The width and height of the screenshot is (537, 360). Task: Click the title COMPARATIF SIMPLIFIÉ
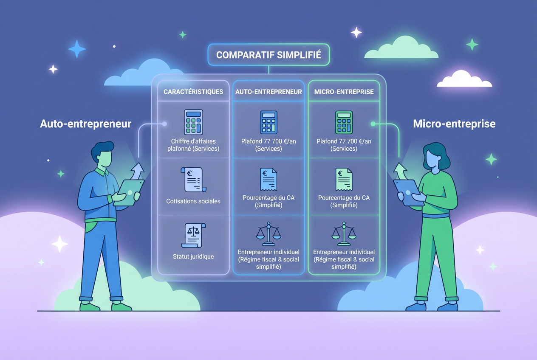coord(268,55)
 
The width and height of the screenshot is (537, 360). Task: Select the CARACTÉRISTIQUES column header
coord(193,92)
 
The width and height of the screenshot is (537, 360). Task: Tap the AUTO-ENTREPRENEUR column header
coord(268,92)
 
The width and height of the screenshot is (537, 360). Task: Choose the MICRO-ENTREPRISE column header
coord(344,92)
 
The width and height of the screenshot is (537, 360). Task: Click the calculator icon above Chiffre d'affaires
coord(193,122)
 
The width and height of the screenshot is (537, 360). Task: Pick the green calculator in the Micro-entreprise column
coord(344,122)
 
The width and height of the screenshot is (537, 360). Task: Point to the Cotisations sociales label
coord(193,201)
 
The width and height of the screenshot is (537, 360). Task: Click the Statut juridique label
coord(193,256)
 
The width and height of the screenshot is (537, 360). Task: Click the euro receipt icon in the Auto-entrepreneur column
coord(268,179)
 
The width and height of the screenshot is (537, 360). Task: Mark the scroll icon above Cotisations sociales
coord(193,180)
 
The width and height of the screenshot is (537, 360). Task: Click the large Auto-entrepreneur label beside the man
coord(86,124)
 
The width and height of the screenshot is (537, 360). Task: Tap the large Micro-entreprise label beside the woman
coord(454,124)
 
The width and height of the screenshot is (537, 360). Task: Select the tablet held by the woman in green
coord(408,191)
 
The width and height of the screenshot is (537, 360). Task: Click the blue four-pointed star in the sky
coord(77,49)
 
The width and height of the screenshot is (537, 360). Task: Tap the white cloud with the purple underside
coord(464,79)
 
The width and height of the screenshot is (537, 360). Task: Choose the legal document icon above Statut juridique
coord(193,235)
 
